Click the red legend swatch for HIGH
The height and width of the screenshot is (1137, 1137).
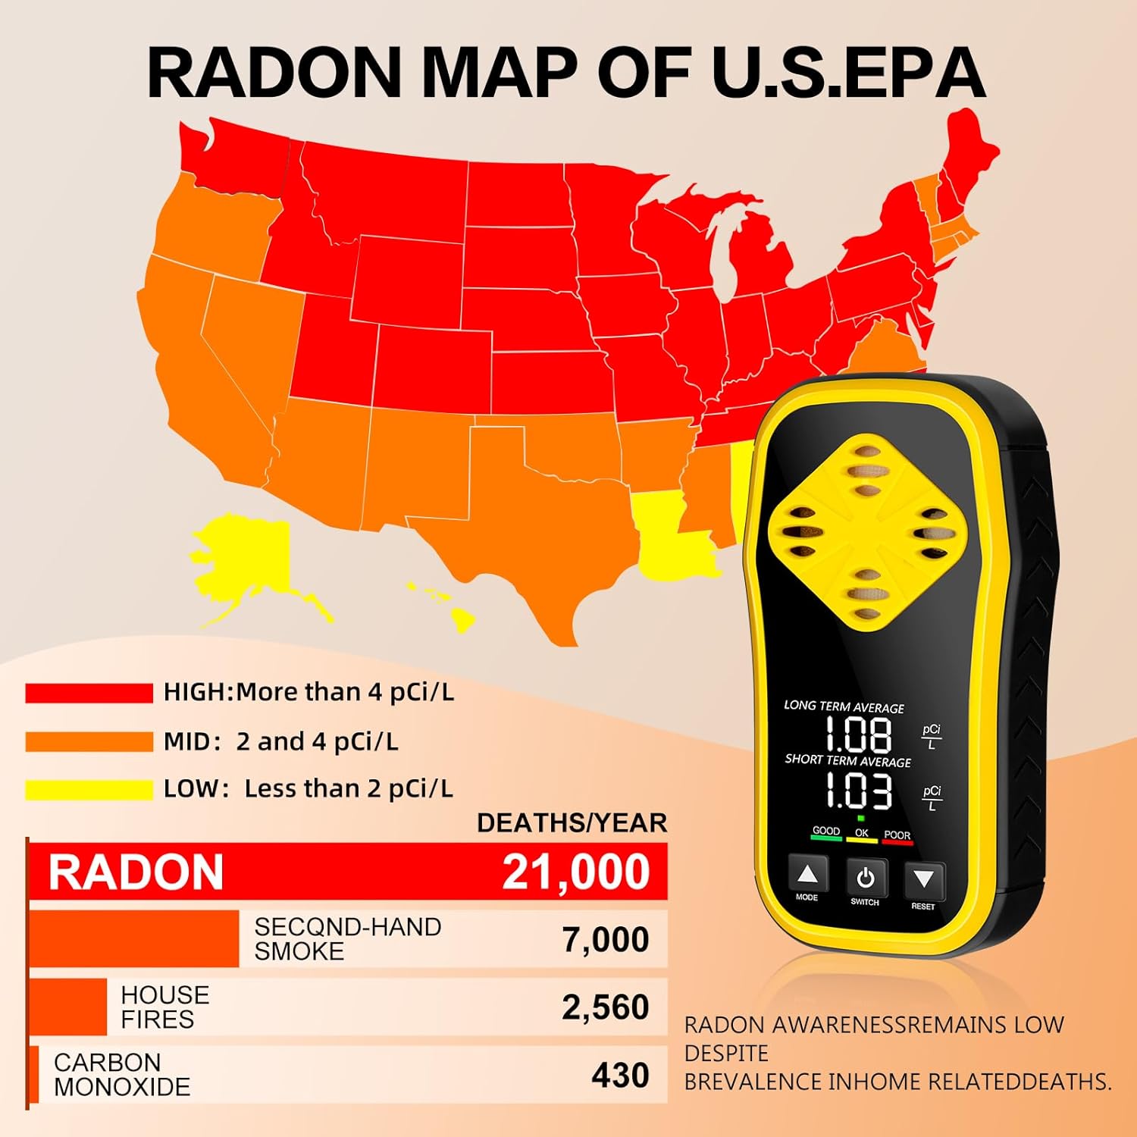(x=89, y=693)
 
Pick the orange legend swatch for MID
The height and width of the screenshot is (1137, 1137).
(x=89, y=741)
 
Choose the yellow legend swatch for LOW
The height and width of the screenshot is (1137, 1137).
(x=89, y=789)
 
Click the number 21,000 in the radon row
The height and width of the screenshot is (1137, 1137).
(x=575, y=872)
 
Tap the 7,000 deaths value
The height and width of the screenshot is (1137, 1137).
(x=605, y=939)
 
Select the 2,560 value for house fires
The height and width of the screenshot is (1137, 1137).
(x=605, y=1007)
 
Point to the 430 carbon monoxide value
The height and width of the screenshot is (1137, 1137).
(x=620, y=1075)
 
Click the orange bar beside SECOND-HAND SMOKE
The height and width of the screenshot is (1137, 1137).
(x=134, y=939)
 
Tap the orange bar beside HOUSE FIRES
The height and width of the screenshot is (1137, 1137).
(x=68, y=1007)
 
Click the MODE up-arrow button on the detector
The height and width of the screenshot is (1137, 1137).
(x=808, y=876)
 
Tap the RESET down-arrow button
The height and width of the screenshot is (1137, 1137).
(x=924, y=880)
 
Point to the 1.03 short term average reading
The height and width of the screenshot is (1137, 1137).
(x=857, y=792)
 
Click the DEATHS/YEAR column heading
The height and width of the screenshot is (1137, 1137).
(x=572, y=823)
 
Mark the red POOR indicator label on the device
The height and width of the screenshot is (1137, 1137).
(x=897, y=836)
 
